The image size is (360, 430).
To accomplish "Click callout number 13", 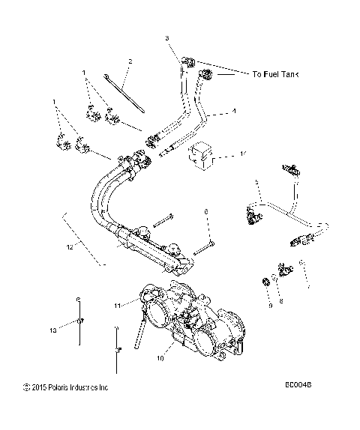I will click(x=53, y=329).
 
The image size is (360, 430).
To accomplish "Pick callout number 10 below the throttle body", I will click(x=160, y=358).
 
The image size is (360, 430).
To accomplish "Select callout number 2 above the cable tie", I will click(x=130, y=61).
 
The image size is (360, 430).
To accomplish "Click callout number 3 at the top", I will click(x=166, y=37).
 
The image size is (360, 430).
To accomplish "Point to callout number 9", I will click(x=270, y=306).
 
